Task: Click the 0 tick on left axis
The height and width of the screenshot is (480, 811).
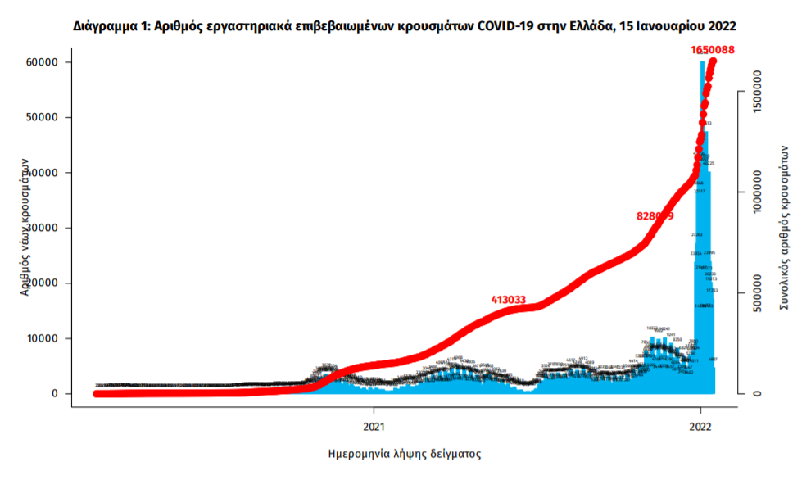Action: click(x=55, y=394)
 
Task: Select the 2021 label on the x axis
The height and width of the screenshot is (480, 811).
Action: click(x=374, y=426)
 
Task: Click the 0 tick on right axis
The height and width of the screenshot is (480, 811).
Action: click(x=758, y=393)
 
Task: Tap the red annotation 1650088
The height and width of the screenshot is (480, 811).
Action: click(x=712, y=50)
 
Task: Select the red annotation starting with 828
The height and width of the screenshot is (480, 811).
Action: click(x=655, y=216)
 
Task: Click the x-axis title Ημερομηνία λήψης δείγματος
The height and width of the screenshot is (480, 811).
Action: click(x=404, y=453)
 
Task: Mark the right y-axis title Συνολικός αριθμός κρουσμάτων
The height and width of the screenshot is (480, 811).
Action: click(x=784, y=227)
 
